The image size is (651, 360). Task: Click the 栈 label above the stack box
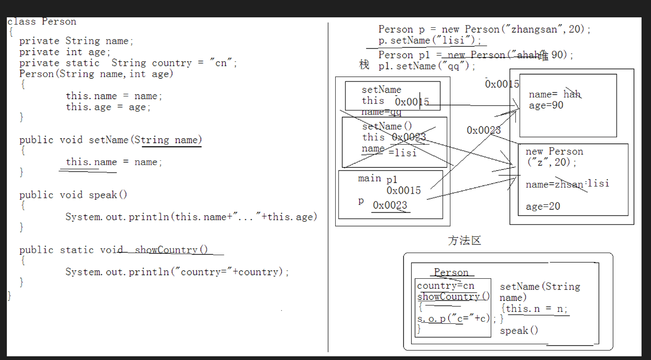pyautogui.click(x=365, y=64)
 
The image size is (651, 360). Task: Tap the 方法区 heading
pyautogui.click(x=465, y=241)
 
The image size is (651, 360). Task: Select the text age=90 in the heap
pyautogui.click(x=546, y=105)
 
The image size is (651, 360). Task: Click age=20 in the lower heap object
pyautogui.click(x=543, y=206)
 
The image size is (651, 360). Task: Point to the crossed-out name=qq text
pyautogui.click(x=381, y=112)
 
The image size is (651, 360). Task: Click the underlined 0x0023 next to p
pyautogui.click(x=390, y=205)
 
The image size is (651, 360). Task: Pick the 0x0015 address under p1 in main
pyautogui.click(x=404, y=190)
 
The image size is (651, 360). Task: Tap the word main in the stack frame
pyautogui.click(x=369, y=179)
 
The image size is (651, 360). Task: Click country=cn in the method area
pyautogui.click(x=446, y=286)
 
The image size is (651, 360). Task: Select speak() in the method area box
pyautogui.click(x=518, y=331)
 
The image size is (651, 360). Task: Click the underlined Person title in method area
pyautogui.click(x=451, y=272)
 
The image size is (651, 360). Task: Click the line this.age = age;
pyautogui.click(x=108, y=107)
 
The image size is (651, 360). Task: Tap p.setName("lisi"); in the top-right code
pyautogui.click(x=429, y=40)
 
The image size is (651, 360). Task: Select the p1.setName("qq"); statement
pyautogui.click(x=427, y=67)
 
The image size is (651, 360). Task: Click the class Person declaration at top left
pyautogui.click(x=42, y=21)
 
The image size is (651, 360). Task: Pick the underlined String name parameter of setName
pyautogui.click(x=171, y=140)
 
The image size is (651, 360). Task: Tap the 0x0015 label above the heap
pyautogui.click(x=502, y=84)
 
